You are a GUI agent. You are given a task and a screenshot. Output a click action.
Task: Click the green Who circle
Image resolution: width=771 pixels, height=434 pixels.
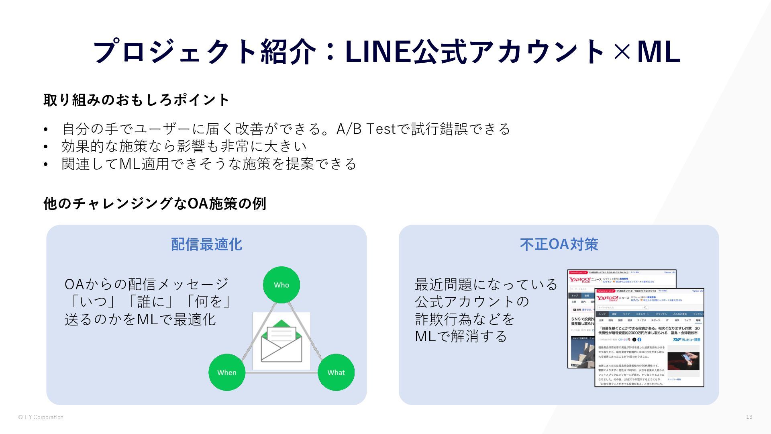281,285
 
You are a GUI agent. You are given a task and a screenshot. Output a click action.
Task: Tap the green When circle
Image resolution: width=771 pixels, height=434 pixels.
227,372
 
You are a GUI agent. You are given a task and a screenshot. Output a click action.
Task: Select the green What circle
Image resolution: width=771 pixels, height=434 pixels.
336,372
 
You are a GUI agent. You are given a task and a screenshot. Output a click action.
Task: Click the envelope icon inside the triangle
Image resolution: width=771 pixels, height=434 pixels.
281,341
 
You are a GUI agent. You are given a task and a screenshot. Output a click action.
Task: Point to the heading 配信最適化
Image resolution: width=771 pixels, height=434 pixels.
206,244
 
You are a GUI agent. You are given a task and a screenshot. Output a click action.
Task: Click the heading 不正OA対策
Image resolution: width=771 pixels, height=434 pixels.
559,244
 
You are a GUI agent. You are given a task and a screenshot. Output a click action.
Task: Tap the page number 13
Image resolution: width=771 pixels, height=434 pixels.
749,417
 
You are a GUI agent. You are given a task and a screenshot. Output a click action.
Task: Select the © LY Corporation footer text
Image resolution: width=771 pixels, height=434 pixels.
41,417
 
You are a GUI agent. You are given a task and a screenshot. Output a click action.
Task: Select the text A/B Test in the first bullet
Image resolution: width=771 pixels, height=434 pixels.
366,129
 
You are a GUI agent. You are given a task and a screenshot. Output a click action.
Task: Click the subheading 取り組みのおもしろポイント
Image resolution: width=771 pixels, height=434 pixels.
137,100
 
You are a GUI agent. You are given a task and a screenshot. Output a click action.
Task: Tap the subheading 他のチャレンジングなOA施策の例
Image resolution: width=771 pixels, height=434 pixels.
155,204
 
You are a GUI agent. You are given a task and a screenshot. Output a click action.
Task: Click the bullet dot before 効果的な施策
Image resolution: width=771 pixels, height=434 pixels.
46,147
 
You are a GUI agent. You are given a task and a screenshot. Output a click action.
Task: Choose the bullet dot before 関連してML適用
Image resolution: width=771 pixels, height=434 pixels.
46,164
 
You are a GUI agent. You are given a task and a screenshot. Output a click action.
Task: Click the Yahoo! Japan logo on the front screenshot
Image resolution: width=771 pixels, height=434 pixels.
607,298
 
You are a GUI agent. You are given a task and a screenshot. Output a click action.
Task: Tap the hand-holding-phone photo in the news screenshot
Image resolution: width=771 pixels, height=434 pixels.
683,361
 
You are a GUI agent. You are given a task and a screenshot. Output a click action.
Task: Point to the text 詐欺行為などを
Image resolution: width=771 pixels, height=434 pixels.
465,319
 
